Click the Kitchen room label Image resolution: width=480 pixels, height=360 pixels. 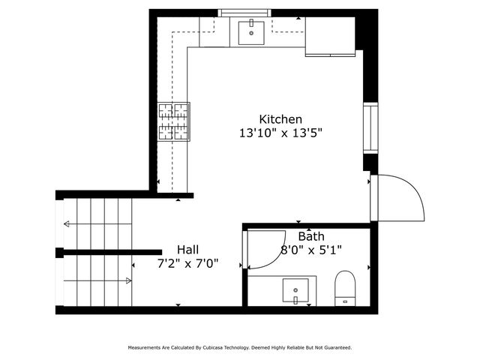point(280,119)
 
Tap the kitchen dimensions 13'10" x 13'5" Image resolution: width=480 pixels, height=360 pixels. point(280,133)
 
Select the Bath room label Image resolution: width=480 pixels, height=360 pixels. point(311,237)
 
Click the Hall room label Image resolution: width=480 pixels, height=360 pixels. point(188,250)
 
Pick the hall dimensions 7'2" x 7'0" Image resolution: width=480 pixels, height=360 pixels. point(188,263)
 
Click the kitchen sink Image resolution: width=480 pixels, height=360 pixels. point(250,31)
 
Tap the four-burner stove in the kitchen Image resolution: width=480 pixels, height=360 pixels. point(173,121)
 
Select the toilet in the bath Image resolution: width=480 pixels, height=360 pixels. point(344,288)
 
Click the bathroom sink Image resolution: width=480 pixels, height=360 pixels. point(296,289)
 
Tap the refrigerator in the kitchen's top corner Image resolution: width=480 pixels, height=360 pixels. point(329,36)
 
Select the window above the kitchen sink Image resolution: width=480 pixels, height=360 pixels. point(244,13)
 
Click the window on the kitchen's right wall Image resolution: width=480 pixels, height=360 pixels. point(370,128)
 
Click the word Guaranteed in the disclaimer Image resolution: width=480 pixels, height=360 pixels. point(335,348)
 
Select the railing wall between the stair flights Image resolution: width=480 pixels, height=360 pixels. point(112,252)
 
